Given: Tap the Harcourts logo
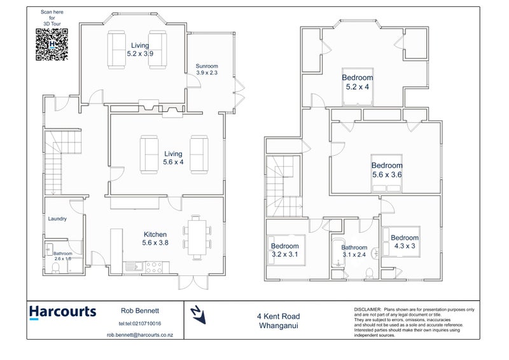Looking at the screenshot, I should [62, 312].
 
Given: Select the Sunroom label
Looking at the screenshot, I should [207, 69].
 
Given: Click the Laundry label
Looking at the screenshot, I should [57, 219].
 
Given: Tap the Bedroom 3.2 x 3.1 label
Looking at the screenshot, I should [284, 249].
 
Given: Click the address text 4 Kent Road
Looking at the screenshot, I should [279, 315].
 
